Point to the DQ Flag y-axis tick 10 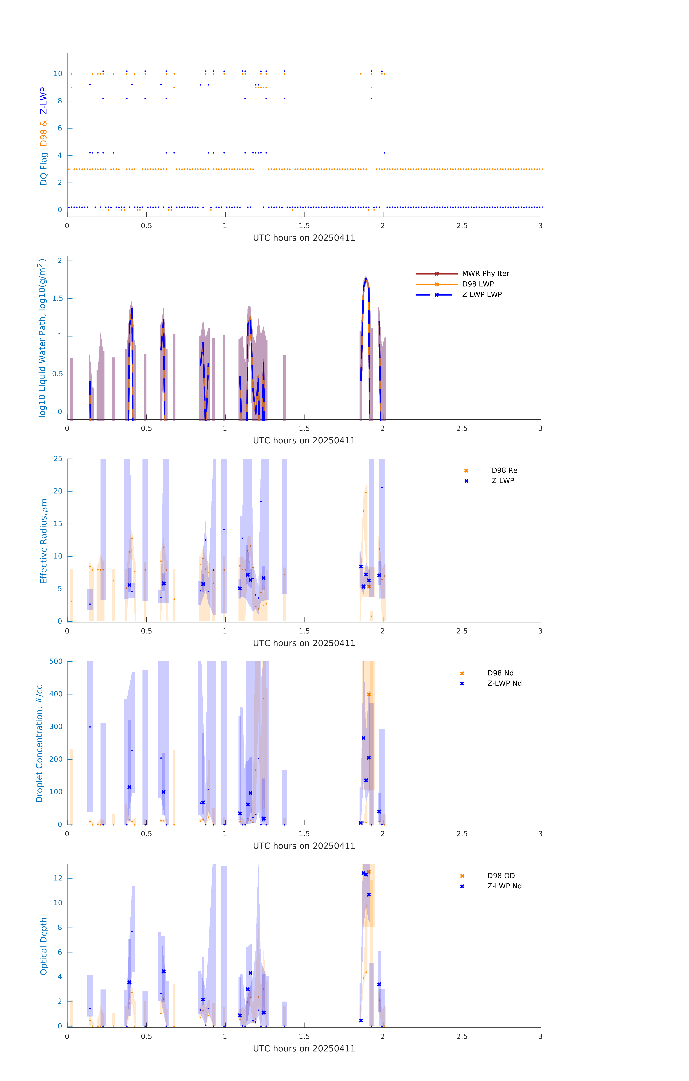[58, 74]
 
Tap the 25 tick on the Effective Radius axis [58, 459]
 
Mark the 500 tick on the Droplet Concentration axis [56, 661]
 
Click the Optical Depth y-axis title [44, 946]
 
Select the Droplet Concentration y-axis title [39, 743]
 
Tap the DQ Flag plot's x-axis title [304, 238]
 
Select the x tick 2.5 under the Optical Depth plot [462, 1036]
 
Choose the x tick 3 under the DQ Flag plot [540, 226]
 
